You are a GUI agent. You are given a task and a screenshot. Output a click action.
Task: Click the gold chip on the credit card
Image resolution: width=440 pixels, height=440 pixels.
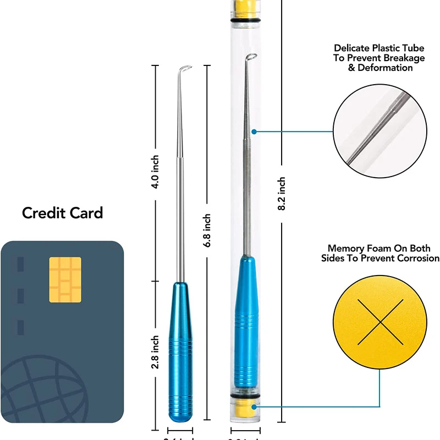coord(65,279)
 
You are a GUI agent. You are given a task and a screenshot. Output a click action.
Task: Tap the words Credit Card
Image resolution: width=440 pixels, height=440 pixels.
coord(62,213)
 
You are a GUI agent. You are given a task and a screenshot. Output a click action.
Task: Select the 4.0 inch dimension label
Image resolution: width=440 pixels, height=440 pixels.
coord(156,172)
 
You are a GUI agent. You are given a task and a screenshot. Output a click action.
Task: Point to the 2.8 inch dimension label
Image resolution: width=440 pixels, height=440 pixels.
coord(156,352)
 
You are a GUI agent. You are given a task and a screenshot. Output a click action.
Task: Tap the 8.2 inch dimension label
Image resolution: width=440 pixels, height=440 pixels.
coord(282,194)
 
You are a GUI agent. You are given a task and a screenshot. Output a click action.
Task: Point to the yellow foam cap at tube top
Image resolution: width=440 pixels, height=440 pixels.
coord(246,8)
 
